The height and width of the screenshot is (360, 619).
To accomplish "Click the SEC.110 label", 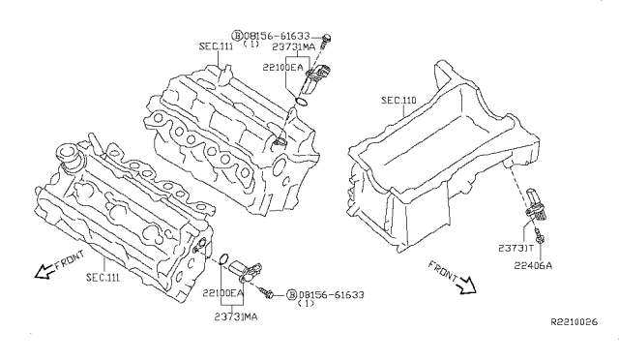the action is tap(398, 101).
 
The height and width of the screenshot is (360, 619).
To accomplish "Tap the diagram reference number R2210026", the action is tap(574, 322).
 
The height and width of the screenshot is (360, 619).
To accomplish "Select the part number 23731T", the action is tap(516, 248).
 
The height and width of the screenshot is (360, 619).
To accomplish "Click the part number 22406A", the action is tap(533, 265).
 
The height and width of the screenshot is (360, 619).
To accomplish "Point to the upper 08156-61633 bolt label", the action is tap(277, 36).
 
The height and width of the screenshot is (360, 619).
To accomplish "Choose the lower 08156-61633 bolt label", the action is tap(331, 295).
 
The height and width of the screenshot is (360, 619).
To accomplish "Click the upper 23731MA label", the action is tap(294, 47).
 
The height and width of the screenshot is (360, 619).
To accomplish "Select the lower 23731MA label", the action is tap(236, 316).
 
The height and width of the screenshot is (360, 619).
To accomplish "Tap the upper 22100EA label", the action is tap(282, 68).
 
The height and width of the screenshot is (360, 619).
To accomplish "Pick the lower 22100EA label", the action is tap(222, 293).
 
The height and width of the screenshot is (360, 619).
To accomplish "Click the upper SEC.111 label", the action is tap(216, 46).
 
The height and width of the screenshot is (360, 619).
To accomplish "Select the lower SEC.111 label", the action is tap(103, 278).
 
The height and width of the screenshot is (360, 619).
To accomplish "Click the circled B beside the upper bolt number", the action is tap(237, 36).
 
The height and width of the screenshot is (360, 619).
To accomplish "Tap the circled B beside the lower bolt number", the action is tap(291, 295).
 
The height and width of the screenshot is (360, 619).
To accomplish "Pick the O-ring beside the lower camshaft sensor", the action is tap(223, 258).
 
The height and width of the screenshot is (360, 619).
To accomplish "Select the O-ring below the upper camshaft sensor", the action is tap(301, 102).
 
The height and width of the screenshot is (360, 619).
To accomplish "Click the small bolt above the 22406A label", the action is tap(538, 234).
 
